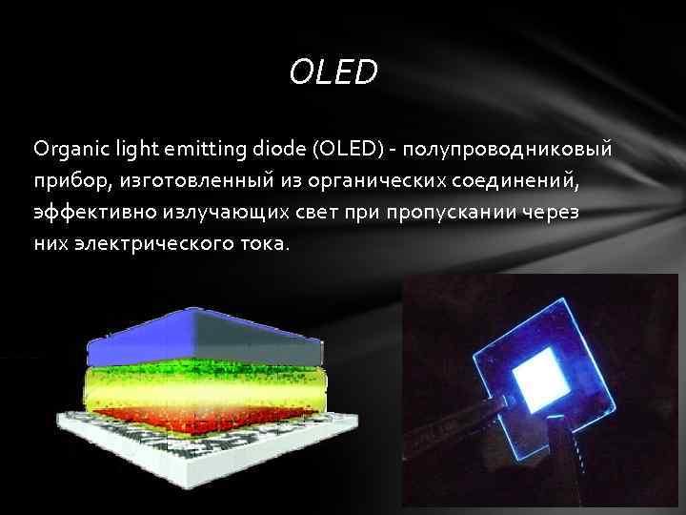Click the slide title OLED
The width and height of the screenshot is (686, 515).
(333, 72)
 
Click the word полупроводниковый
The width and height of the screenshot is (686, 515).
(508, 151)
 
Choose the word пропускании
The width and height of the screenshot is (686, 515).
(441, 212)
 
